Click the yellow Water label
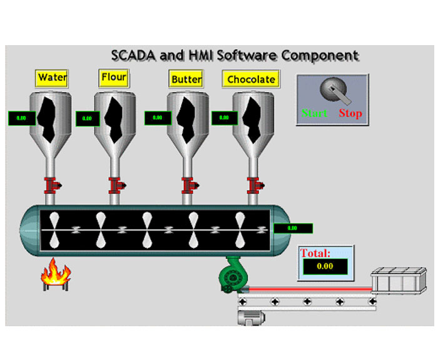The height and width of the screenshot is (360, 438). point(52,78)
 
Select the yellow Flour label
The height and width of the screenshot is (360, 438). point(113,78)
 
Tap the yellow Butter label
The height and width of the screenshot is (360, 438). point(186,79)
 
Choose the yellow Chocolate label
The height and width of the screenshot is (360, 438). point(250,79)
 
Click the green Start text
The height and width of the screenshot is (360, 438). point(314,113)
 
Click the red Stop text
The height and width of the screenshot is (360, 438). point(350,113)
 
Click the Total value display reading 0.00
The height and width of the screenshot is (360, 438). point(325,266)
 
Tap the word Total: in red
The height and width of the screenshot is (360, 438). point(316,253)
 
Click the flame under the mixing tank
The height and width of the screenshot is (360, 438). point(56,274)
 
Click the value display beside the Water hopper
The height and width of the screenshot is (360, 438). point(21,117)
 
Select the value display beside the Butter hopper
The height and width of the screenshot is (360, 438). point(158,117)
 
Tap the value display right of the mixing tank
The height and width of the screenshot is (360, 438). point(292,228)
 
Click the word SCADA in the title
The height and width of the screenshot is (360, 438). point(134,56)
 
